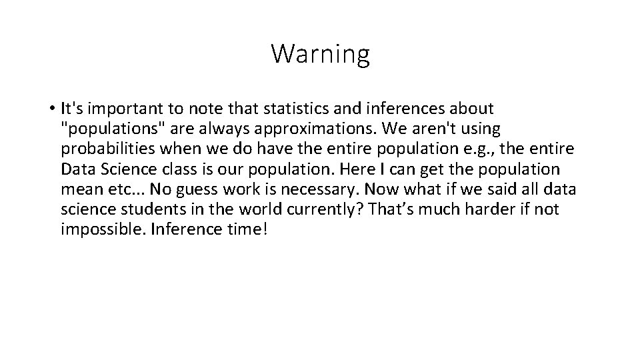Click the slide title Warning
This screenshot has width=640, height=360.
pyautogui.click(x=320, y=54)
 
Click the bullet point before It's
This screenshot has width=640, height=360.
pyautogui.click(x=51, y=108)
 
